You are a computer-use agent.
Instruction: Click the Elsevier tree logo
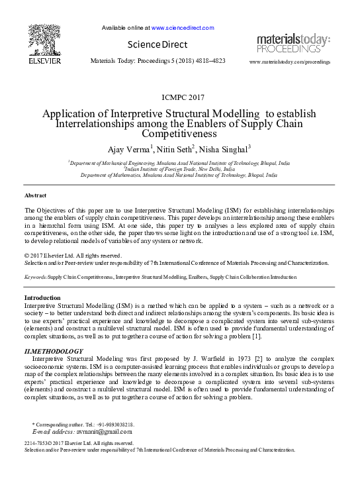click(44, 39)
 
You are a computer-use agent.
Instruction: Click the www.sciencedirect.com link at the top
click(183, 28)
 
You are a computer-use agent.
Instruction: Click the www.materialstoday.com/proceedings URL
click(289, 62)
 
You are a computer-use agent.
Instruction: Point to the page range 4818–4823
click(210, 60)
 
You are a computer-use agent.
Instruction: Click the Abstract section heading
click(36, 196)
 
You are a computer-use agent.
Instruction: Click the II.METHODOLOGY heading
click(54, 351)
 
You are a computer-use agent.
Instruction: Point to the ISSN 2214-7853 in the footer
click(34, 443)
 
